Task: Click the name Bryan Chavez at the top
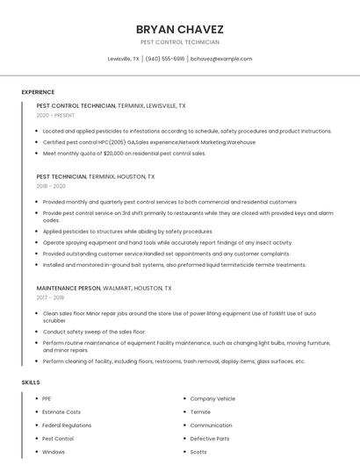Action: (x=179, y=29)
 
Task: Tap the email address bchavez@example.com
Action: (x=221, y=59)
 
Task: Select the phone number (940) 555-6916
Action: (x=165, y=59)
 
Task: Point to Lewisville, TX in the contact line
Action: (x=123, y=59)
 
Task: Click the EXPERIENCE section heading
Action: (x=38, y=92)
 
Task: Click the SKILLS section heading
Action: (x=31, y=383)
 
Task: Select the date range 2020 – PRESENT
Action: (x=56, y=115)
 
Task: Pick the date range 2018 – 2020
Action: (x=51, y=186)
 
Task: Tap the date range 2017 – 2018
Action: (x=51, y=297)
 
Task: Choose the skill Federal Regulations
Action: (x=68, y=425)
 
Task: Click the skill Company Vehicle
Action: (x=212, y=398)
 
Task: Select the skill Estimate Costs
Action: (x=61, y=411)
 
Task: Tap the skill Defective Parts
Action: (x=210, y=438)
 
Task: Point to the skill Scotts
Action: (x=198, y=452)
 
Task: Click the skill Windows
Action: (x=54, y=452)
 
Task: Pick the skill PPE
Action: (x=47, y=398)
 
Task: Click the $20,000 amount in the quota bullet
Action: (x=116, y=153)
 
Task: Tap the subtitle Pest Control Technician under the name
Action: (x=179, y=42)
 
